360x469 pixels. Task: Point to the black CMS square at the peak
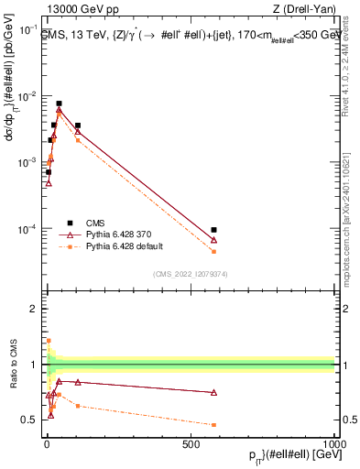[59, 104]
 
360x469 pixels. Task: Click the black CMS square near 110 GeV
[78, 125]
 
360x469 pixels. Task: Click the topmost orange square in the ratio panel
[48, 341]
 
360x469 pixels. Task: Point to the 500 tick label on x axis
[191, 443]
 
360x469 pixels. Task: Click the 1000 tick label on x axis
[333, 443]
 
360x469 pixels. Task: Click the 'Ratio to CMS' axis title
[13, 366]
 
